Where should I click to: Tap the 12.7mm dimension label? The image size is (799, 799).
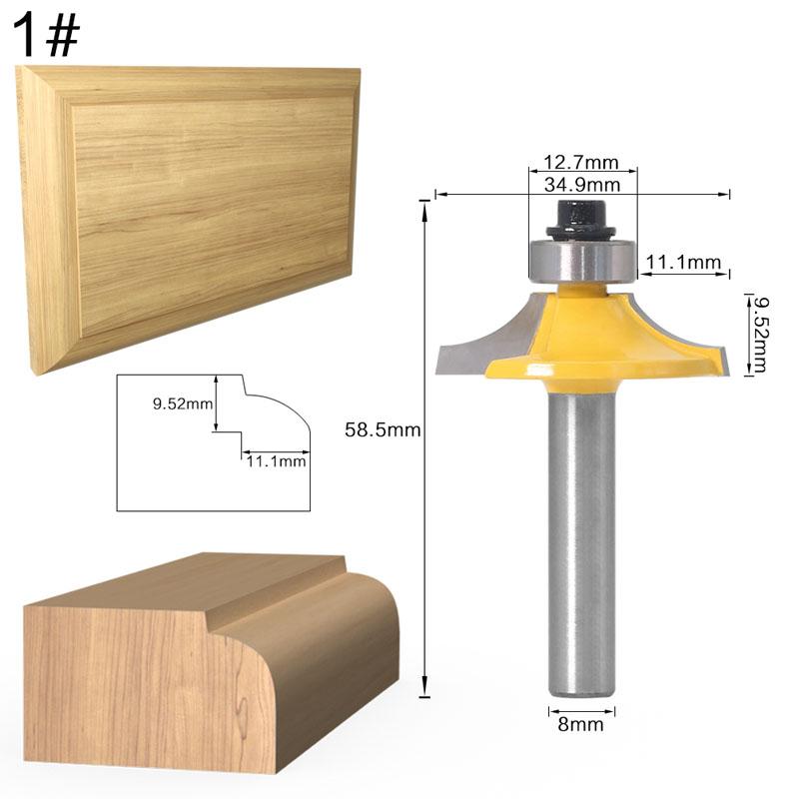click(581, 163)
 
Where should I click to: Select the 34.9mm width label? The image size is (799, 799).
click(581, 185)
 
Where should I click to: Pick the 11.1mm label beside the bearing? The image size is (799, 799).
click(683, 263)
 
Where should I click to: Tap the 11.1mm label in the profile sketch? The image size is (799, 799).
click(275, 460)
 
